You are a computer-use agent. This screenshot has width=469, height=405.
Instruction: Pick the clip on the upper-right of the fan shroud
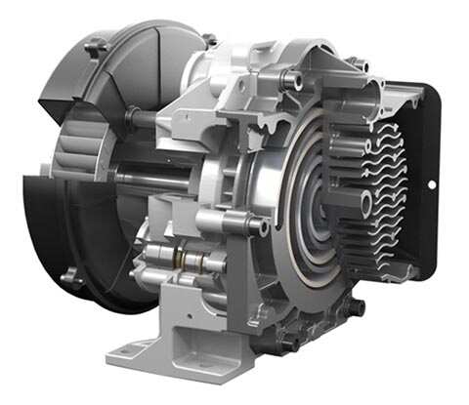click(x=208, y=40)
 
